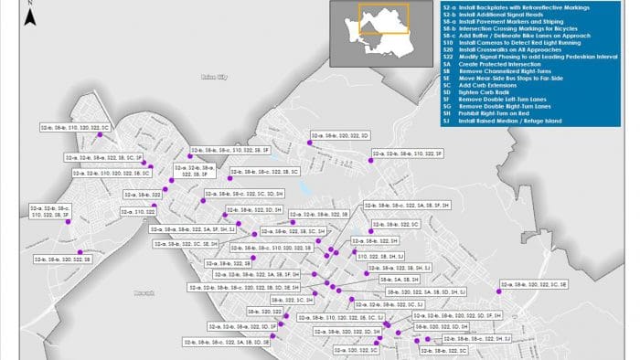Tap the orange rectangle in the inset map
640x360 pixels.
383,20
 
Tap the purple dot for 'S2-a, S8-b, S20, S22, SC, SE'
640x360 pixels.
501,291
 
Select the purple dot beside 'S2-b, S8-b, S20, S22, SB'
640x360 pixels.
80,252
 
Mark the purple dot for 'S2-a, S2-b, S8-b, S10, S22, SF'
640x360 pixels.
371,160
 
